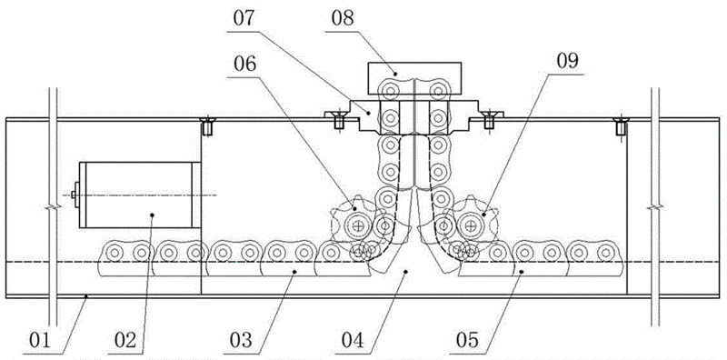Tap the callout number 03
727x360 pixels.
coord(242,340)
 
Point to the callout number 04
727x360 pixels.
coord(354,340)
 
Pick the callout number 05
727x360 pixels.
coord(467,340)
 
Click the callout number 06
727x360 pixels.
coord(244,65)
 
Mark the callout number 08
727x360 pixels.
coord(343,19)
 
